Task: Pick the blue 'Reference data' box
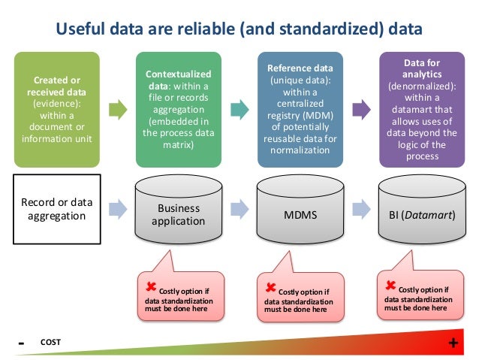click(300, 109)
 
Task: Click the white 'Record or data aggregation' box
click(58, 210)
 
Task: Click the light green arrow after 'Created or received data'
click(118, 110)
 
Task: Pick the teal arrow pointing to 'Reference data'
click(239, 110)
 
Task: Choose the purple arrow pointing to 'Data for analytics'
click(360, 110)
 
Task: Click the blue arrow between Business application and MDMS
click(239, 208)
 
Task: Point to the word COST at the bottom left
click(50, 343)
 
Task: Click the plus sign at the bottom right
click(453, 343)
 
